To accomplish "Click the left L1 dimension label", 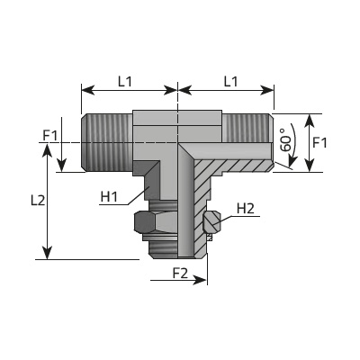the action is click(x=124, y=81).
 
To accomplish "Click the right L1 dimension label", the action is click(x=231, y=81).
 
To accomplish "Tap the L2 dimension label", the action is click(x=38, y=200).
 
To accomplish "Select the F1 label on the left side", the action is click(x=49, y=136).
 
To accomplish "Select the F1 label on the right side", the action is click(x=319, y=142).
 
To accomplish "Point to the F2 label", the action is click(x=180, y=274).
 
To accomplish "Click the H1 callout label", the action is click(x=109, y=197).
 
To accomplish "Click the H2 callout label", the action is click(x=246, y=209).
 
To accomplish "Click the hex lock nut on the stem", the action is click(x=156, y=222).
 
